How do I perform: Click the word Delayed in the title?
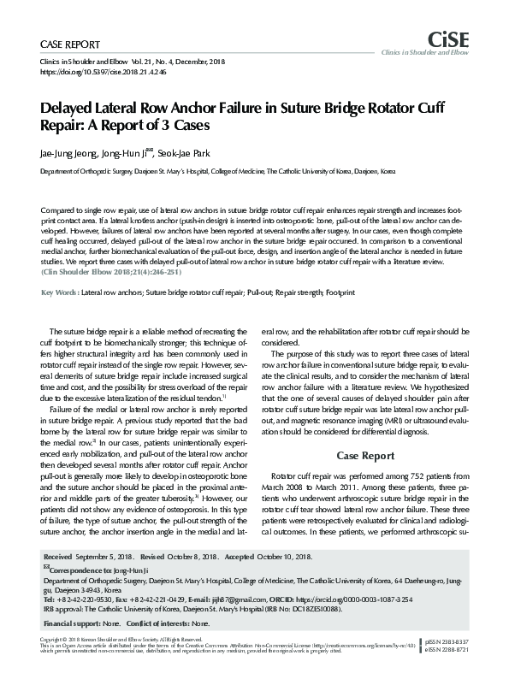click(68, 109)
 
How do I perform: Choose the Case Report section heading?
click(365, 455)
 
